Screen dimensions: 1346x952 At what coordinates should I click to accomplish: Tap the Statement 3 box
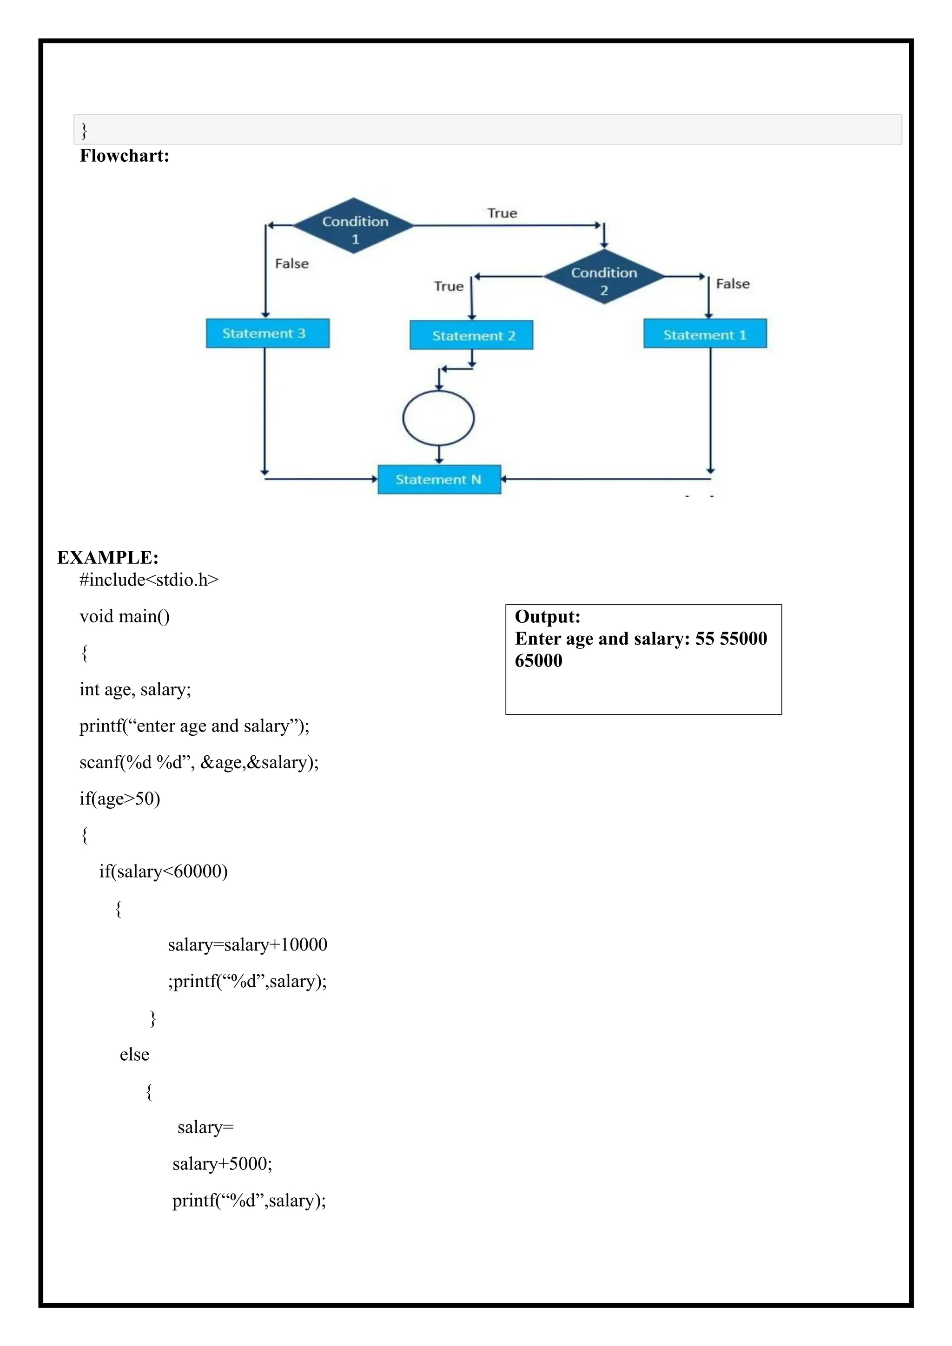click(x=267, y=334)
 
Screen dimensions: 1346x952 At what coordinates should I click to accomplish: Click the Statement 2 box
click(x=471, y=335)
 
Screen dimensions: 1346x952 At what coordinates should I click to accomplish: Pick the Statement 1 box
click(x=705, y=334)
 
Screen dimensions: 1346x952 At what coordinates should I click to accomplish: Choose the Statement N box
click(x=439, y=480)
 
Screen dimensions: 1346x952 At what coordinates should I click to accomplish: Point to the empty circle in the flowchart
click(x=438, y=418)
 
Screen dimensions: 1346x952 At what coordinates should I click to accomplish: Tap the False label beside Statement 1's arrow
click(x=733, y=284)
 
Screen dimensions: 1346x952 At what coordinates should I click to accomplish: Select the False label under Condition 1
click(x=291, y=264)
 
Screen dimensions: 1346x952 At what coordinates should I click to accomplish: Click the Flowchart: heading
click(x=124, y=156)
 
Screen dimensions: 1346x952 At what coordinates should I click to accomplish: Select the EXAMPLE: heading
click(x=108, y=558)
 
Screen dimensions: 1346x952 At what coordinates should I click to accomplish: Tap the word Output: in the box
click(x=548, y=617)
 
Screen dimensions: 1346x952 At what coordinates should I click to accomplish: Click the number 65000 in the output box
click(x=538, y=661)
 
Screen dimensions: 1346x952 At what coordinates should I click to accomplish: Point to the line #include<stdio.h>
click(x=149, y=580)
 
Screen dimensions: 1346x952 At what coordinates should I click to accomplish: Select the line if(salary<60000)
click(x=163, y=871)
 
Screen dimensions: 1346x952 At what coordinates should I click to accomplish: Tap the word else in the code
click(x=134, y=1055)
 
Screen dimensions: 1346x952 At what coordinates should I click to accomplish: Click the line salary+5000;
click(x=222, y=1164)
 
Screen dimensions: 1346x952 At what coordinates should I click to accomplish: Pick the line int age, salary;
click(x=135, y=689)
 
